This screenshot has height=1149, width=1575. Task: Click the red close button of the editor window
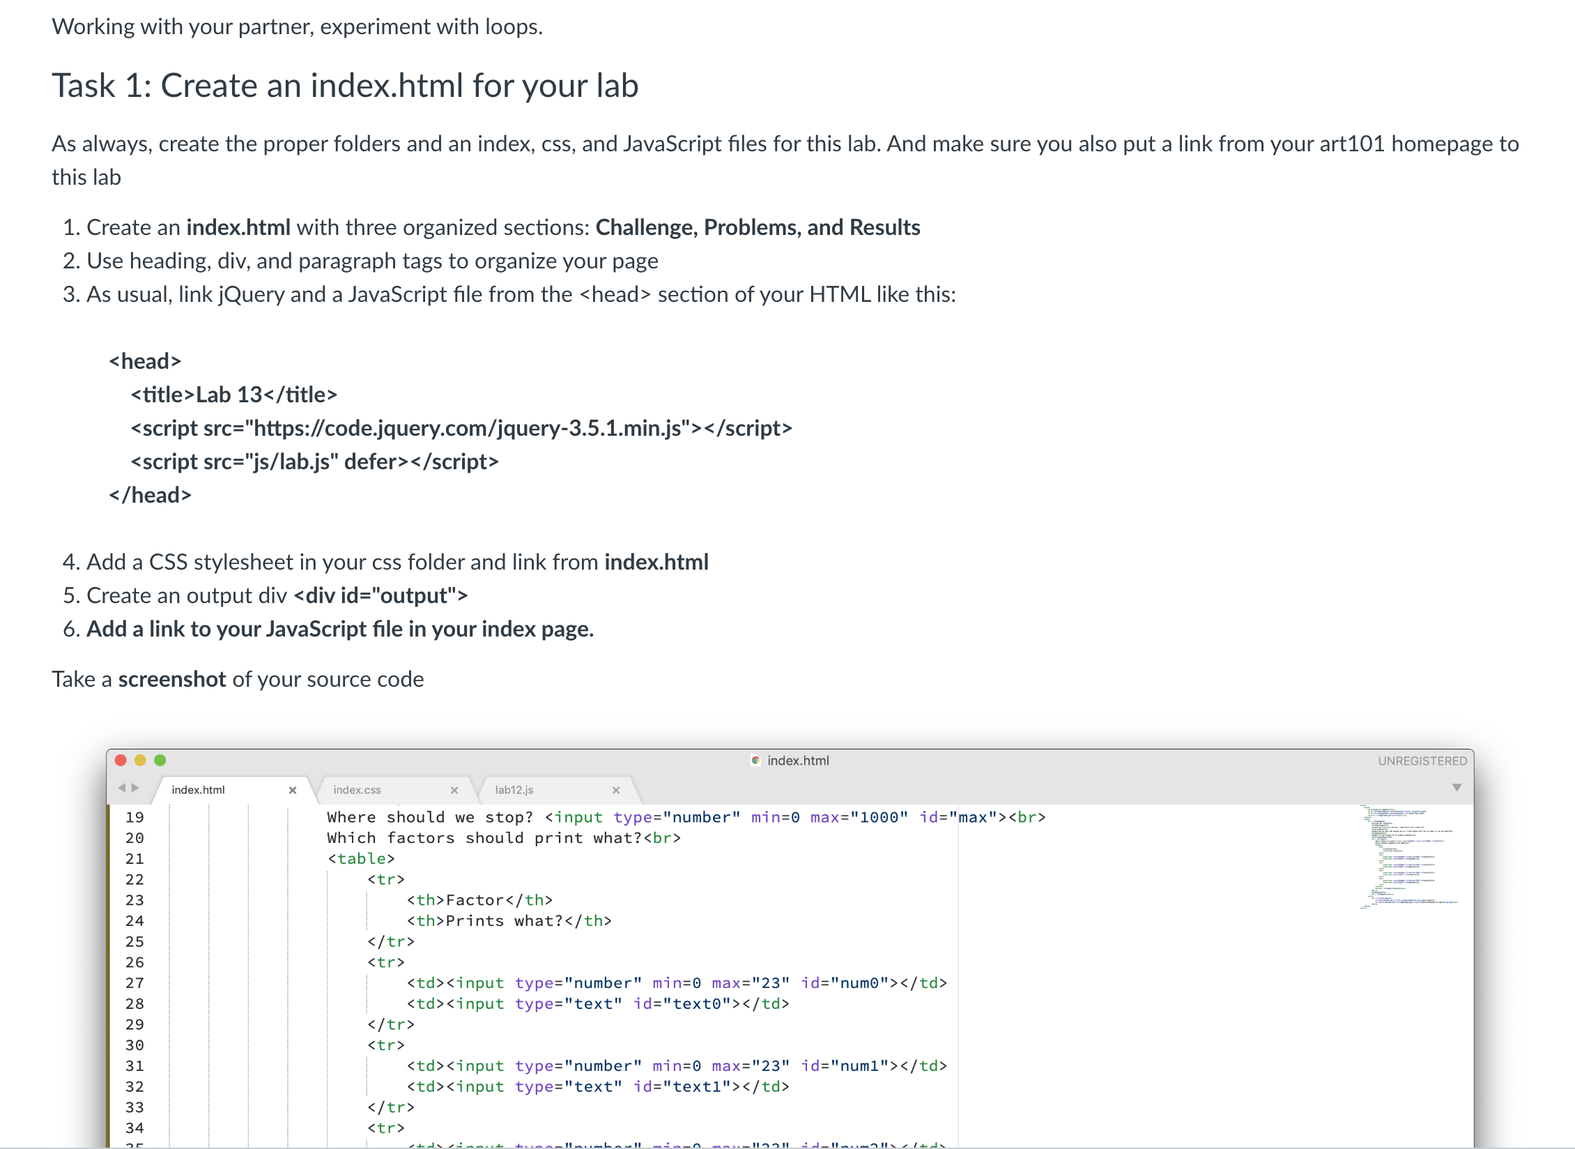pyautogui.click(x=121, y=760)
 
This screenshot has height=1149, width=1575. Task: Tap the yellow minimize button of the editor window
pyautogui.click(x=140, y=760)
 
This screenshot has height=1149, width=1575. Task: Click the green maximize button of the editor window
pyautogui.click(x=160, y=760)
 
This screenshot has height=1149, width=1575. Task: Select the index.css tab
pyautogui.click(x=357, y=790)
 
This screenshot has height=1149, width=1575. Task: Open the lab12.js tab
pyautogui.click(x=514, y=790)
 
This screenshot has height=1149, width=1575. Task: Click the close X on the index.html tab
pyautogui.click(x=293, y=790)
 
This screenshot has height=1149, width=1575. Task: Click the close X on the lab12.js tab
pyautogui.click(x=616, y=790)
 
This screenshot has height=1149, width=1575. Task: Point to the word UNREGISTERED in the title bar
pyautogui.click(x=1422, y=761)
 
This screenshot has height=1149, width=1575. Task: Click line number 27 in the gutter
pyautogui.click(x=135, y=983)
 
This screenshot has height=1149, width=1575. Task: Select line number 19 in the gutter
pyautogui.click(x=135, y=817)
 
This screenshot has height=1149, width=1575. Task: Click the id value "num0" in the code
pyautogui.click(x=859, y=983)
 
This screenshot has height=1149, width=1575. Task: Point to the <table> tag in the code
pyautogui.click(x=361, y=858)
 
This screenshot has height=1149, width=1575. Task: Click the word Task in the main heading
pyautogui.click(x=84, y=86)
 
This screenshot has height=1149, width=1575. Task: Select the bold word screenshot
pyautogui.click(x=171, y=679)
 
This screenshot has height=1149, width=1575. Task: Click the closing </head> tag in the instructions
pyautogui.click(x=150, y=495)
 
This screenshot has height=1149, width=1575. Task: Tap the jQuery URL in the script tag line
pyautogui.click(x=467, y=428)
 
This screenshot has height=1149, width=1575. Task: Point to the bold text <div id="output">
pyautogui.click(x=381, y=595)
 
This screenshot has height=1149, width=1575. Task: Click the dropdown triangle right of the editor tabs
pyautogui.click(x=1457, y=788)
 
